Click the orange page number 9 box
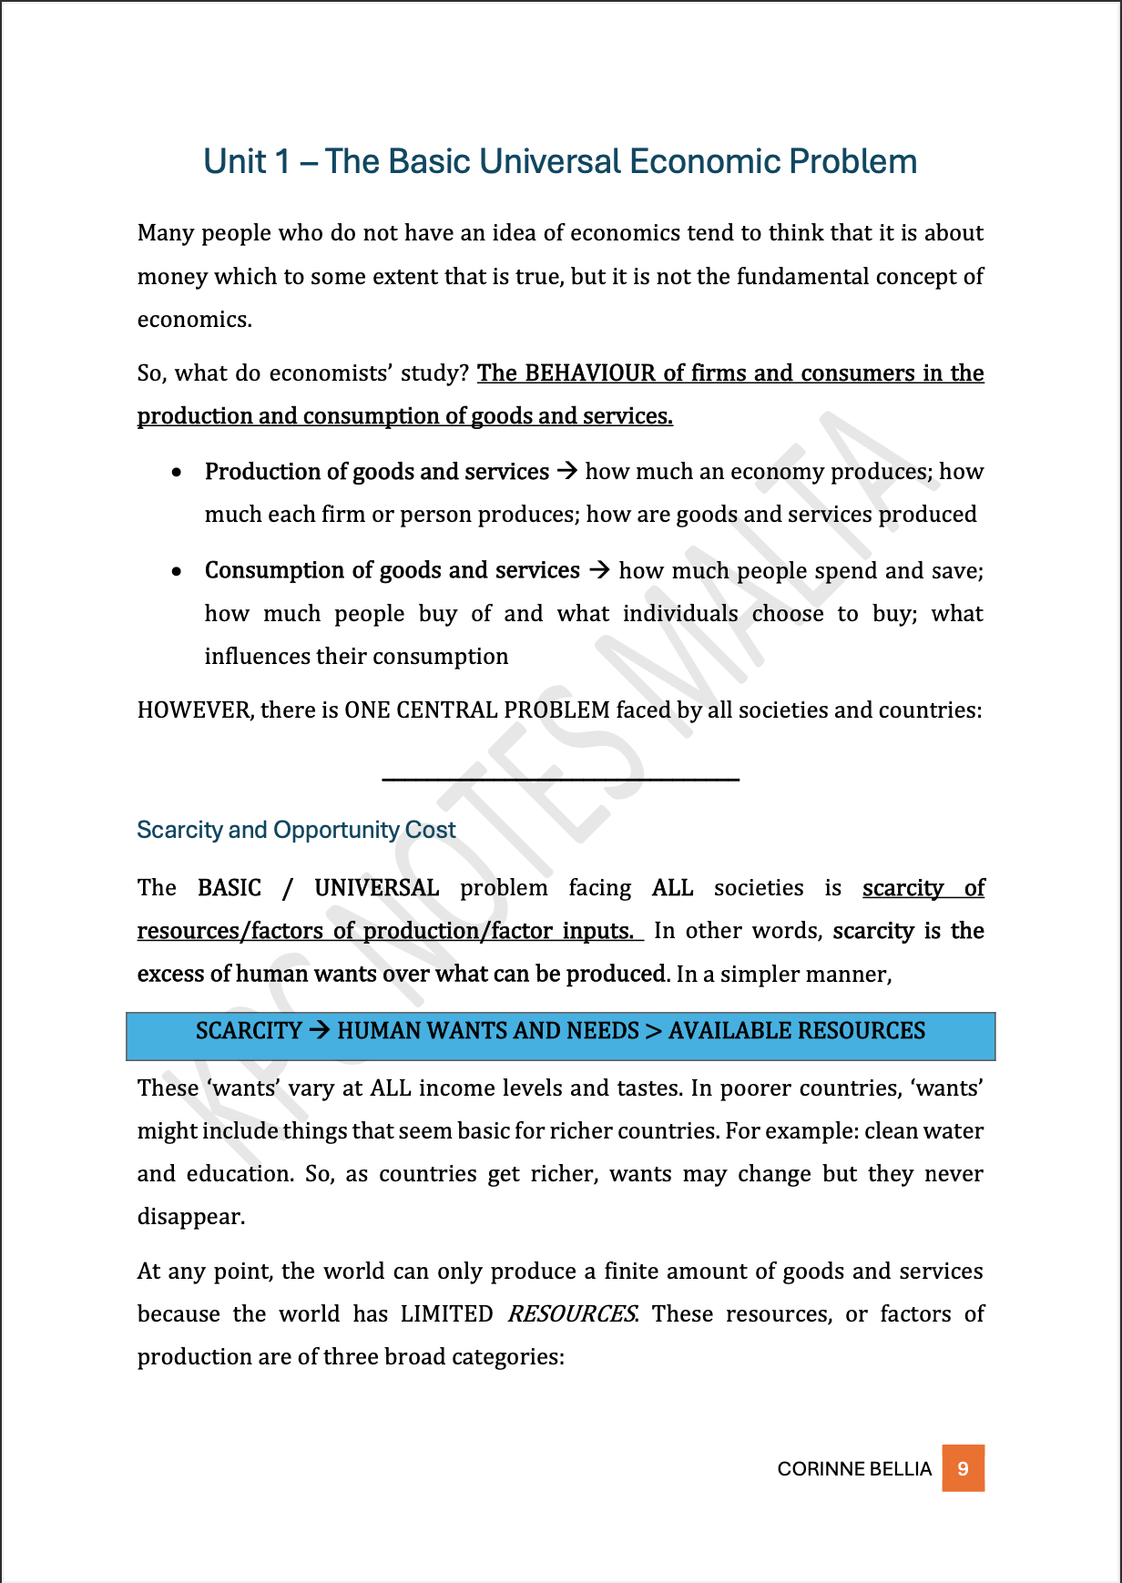963,1467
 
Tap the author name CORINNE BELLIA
854,1468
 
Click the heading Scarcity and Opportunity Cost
296,830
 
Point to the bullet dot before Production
178,472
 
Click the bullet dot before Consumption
178,571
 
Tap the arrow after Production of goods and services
567,471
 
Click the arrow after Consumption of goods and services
599,570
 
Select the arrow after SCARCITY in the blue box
319,1030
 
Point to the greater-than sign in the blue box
653,1031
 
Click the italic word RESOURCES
572,1313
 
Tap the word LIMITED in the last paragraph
446,1313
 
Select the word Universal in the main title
549,161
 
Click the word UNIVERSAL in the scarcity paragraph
376,887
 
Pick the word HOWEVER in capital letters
193,710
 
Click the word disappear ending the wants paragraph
189,1217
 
